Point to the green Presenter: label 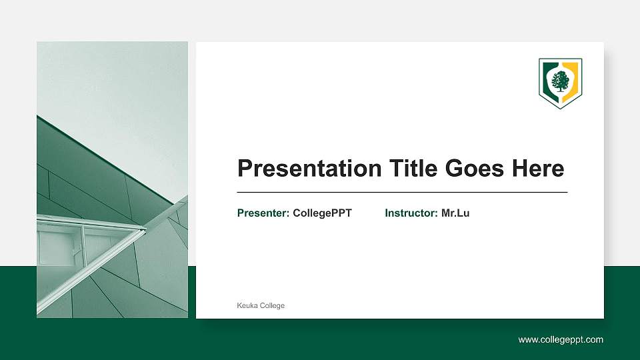[263, 213]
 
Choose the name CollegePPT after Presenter [322, 213]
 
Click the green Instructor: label [411, 213]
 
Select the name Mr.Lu [455, 213]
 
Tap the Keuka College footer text [261, 305]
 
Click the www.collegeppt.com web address [561, 340]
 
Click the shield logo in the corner [560, 83]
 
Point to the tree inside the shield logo [560, 81]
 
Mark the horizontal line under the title [402, 192]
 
